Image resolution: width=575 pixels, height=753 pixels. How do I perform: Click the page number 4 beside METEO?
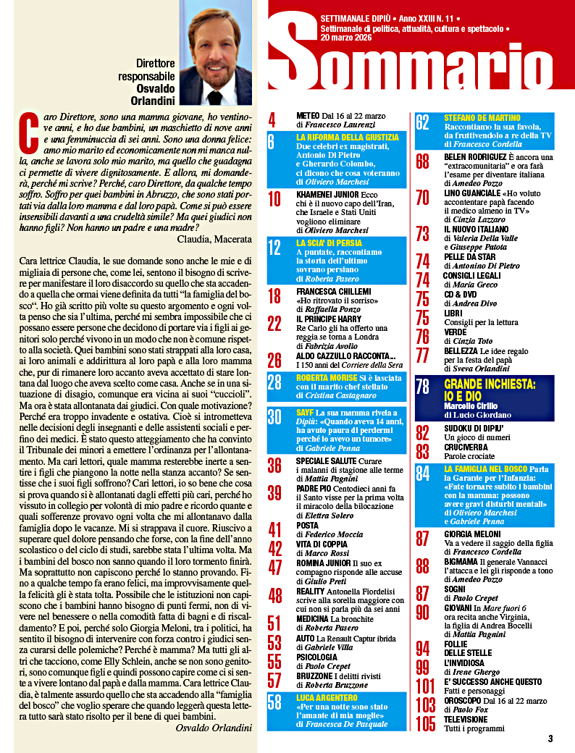click(x=272, y=119)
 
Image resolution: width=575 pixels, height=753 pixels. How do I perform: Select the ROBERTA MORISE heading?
click(x=327, y=378)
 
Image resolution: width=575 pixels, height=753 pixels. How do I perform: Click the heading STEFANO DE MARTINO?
click(x=482, y=117)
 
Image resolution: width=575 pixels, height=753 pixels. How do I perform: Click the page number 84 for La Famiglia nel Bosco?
click(x=423, y=474)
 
